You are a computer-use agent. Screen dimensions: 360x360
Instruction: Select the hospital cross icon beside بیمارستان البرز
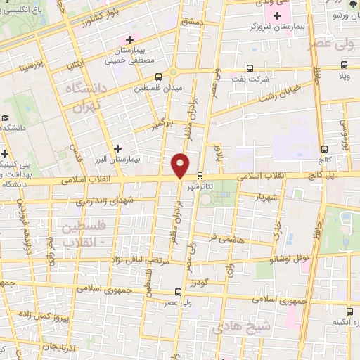click(x=117, y=148)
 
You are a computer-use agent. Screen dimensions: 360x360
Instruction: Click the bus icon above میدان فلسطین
click(x=158, y=77)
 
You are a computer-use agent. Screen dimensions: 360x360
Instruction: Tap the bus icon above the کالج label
click(x=324, y=149)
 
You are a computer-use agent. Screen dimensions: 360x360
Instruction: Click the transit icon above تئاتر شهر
click(x=200, y=176)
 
